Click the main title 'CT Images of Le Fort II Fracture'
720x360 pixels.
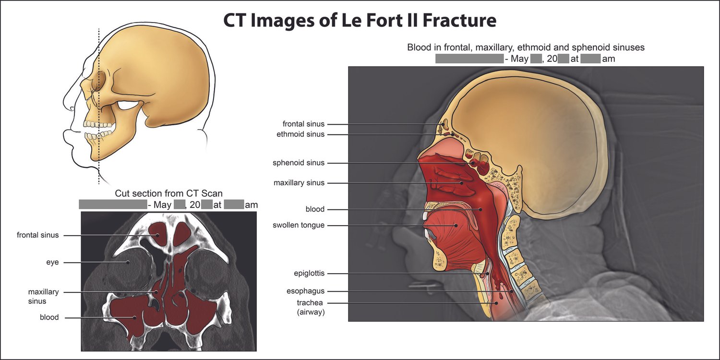[x=360, y=21]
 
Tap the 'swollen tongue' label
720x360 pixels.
[x=299, y=225]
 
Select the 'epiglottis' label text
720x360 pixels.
[x=309, y=274]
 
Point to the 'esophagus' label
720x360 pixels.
[x=305, y=291]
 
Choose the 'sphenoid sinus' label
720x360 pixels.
[x=299, y=163]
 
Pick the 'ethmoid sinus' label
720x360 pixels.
[x=300, y=134]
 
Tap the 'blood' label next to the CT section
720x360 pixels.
[x=49, y=317]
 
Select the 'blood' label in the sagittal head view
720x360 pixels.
[x=315, y=209]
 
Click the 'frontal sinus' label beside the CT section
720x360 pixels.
[x=37, y=235]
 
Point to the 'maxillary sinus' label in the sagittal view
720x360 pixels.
[x=299, y=183]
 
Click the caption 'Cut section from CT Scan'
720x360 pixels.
[x=168, y=193]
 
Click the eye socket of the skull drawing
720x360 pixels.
[x=100, y=79]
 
